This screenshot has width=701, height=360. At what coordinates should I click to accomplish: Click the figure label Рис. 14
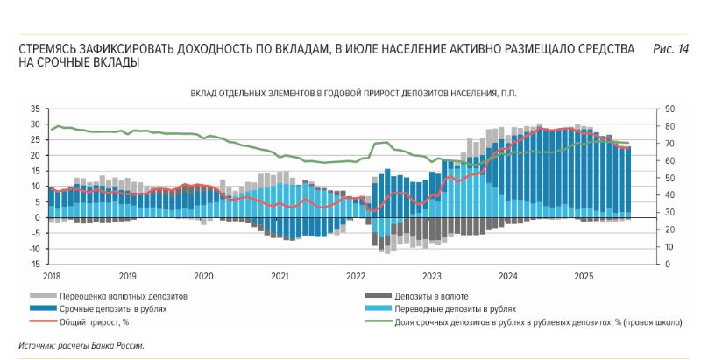coord(670,50)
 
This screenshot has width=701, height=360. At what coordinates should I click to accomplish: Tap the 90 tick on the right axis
coord(669,109)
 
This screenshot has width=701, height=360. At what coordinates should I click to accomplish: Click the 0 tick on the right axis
coord(667,265)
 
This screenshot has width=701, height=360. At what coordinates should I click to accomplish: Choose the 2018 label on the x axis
coord(52,275)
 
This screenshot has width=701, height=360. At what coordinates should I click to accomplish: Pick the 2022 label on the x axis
coord(355,275)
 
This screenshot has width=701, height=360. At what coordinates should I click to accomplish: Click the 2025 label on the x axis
coord(584,275)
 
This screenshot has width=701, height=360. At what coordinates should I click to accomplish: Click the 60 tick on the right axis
coord(669,161)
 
